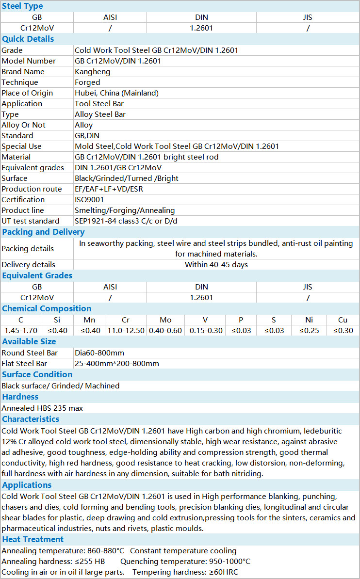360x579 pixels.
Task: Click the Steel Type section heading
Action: tap(22, 6)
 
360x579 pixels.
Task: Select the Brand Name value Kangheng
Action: tap(93, 72)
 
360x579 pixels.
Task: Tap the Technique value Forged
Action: tap(87, 82)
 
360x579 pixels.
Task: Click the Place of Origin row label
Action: tap(27, 93)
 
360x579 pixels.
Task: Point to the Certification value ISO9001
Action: tap(89, 200)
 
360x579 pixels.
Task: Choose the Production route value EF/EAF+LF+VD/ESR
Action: tap(109, 189)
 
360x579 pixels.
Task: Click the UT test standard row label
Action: tap(31, 221)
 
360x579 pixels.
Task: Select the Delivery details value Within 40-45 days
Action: tap(216, 265)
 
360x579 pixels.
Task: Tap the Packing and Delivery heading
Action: tap(43, 232)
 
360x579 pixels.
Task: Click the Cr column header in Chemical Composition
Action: tap(125, 320)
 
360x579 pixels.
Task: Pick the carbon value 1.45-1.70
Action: tap(20, 331)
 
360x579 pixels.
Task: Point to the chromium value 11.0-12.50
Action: tap(125, 331)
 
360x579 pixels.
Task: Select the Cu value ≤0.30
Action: tap(343, 331)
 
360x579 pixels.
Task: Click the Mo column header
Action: tap(165, 320)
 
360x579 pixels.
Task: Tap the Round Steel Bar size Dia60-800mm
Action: tap(99, 353)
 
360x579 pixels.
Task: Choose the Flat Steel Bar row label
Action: tap(24, 364)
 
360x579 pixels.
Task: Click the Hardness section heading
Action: tap(20, 397)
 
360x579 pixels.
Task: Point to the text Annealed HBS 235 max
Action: tap(42, 408)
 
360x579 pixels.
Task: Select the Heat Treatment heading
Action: tap(33, 540)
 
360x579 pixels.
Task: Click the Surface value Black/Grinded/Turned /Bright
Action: tap(127, 178)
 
